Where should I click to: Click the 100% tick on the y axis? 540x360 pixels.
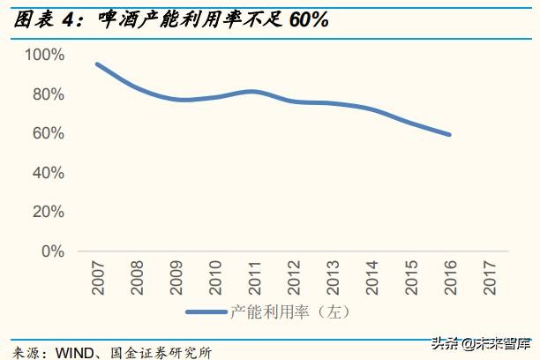coord(44,55)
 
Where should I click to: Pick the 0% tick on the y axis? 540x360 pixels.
coord(52,251)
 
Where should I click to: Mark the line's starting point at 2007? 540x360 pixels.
coord(96,64)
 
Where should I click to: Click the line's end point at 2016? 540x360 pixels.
coord(451,135)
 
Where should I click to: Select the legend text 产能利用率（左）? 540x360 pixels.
coord(290,311)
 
